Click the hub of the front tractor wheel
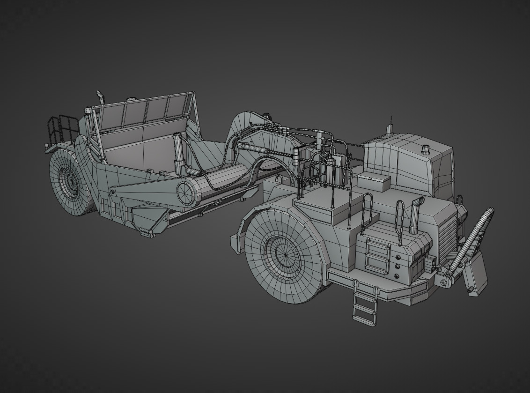tap(284, 254)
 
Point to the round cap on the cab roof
tap(426, 149)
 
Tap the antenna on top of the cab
tap(390, 127)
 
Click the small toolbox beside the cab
tap(374, 182)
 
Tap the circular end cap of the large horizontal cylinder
tap(185, 193)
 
